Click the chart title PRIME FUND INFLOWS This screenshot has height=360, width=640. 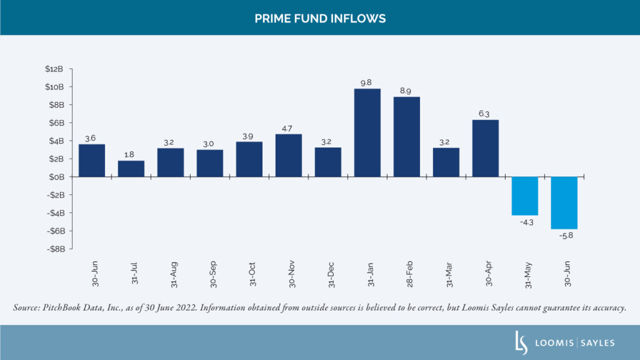click(320, 19)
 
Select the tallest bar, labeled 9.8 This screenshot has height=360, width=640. click(367, 132)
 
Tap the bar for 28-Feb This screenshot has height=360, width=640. click(407, 137)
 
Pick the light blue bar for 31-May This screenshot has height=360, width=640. click(525, 196)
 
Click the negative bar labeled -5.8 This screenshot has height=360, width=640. click(564, 202)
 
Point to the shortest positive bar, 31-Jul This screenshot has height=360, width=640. click(131, 169)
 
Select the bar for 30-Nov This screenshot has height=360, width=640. click(289, 156)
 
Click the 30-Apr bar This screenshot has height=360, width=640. click(486, 148)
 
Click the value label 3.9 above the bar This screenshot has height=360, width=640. click(249, 136)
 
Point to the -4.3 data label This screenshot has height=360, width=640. click(525, 221)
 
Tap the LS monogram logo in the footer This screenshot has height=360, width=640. click(517, 342)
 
